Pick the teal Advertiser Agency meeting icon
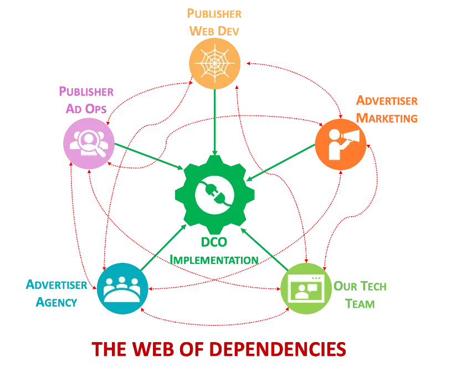(x=123, y=289)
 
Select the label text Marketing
(x=387, y=118)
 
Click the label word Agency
(x=55, y=303)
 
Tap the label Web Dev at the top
(x=214, y=30)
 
